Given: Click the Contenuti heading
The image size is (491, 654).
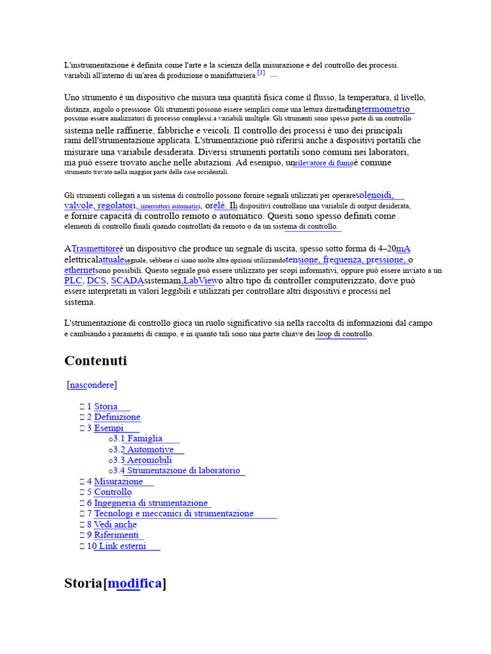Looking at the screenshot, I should click(x=95, y=361).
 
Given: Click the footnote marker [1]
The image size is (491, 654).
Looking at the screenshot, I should click(x=261, y=73).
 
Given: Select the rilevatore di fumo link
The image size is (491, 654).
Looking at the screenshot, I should click(x=323, y=163).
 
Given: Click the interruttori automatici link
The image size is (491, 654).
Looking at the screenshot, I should click(x=170, y=206).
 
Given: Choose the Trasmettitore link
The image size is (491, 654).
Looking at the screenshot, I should click(x=95, y=248).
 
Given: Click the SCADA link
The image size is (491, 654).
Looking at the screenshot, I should click(x=127, y=280).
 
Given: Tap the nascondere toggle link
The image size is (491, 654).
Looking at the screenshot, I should click(x=92, y=385).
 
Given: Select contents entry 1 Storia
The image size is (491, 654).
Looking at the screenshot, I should click(x=105, y=406).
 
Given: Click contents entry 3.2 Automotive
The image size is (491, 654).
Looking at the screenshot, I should click(x=150, y=450).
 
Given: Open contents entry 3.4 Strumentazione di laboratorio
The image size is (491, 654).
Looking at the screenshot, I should click(x=183, y=471).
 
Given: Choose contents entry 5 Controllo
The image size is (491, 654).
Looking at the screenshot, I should click(x=113, y=492).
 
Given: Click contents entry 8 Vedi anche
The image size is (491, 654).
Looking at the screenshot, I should click(x=115, y=524).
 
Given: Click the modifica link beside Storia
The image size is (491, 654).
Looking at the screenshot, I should click(x=135, y=584).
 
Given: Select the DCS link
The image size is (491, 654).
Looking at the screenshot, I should click(x=96, y=280).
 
